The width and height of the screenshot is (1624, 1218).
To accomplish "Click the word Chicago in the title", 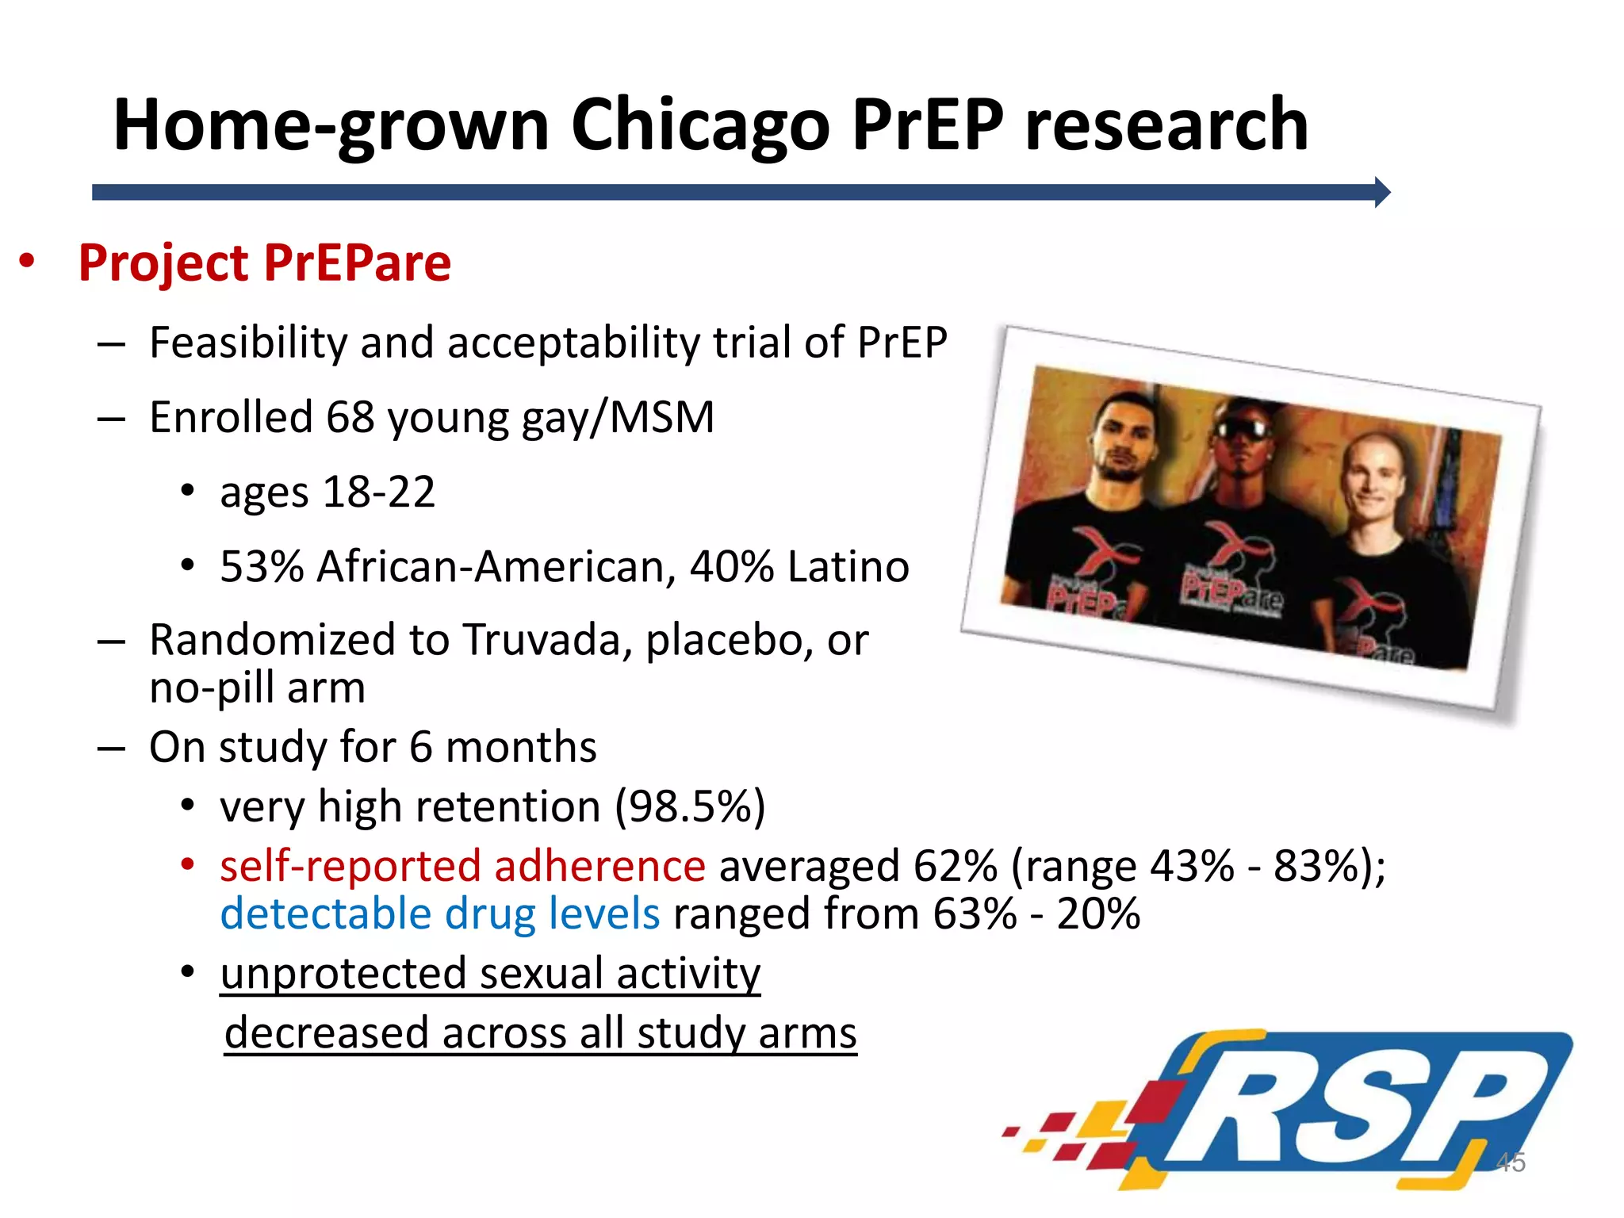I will [699, 125].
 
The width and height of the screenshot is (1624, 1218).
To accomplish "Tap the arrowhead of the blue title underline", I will [1381, 192].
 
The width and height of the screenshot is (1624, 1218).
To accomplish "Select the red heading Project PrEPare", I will [264, 263].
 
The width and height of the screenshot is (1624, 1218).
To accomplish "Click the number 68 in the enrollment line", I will [350, 417].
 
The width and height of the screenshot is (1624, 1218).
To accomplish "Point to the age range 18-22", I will [379, 492].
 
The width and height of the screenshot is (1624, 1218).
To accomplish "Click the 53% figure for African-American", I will [262, 567].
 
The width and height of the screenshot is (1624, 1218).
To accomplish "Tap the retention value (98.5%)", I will [691, 807].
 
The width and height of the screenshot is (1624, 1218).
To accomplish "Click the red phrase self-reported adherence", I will [462, 866].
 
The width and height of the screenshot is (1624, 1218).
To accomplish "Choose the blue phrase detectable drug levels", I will [439, 914].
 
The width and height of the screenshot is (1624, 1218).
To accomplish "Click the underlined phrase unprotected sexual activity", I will [490, 974].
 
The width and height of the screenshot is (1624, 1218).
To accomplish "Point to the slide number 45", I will [1510, 1162].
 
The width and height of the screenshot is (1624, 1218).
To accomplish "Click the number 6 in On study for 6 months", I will [420, 747].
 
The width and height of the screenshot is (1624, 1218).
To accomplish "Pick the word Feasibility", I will [248, 343].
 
